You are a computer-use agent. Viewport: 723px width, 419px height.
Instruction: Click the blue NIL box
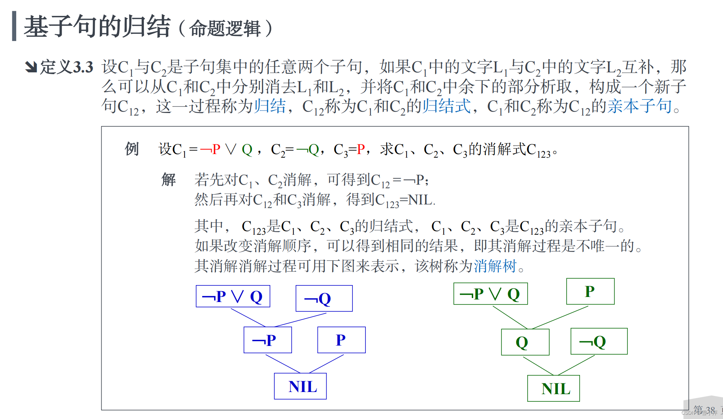click(x=300, y=386)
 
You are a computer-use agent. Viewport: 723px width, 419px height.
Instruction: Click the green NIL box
click(x=553, y=388)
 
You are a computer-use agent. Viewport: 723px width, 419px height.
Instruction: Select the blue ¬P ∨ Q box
click(x=233, y=296)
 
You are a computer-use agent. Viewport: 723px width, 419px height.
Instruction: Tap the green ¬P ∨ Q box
click(x=490, y=294)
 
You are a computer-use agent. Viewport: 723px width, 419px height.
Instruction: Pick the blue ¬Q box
click(x=324, y=298)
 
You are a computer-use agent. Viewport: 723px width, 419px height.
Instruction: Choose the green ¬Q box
click(x=599, y=341)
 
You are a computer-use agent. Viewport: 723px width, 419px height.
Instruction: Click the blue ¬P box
click(x=267, y=340)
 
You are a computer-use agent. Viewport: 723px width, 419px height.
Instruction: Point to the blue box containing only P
click(x=341, y=340)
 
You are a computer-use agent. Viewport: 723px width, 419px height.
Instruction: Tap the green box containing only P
click(x=590, y=291)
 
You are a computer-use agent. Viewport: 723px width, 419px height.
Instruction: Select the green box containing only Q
click(x=525, y=342)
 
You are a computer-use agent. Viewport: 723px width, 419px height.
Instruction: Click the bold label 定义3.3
click(x=67, y=67)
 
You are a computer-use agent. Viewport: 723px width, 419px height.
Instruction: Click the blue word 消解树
click(x=495, y=266)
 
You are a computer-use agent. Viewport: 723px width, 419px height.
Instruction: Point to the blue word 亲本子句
click(x=639, y=106)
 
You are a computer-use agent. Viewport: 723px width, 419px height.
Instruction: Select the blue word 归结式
click(x=446, y=106)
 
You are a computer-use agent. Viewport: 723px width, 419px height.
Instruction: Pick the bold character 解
click(x=168, y=179)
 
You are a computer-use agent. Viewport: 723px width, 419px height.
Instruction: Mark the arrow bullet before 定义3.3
click(x=31, y=67)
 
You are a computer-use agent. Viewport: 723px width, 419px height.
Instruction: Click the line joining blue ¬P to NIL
click(x=283, y=364)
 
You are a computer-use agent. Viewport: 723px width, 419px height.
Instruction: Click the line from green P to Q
click(x=559, y=317)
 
